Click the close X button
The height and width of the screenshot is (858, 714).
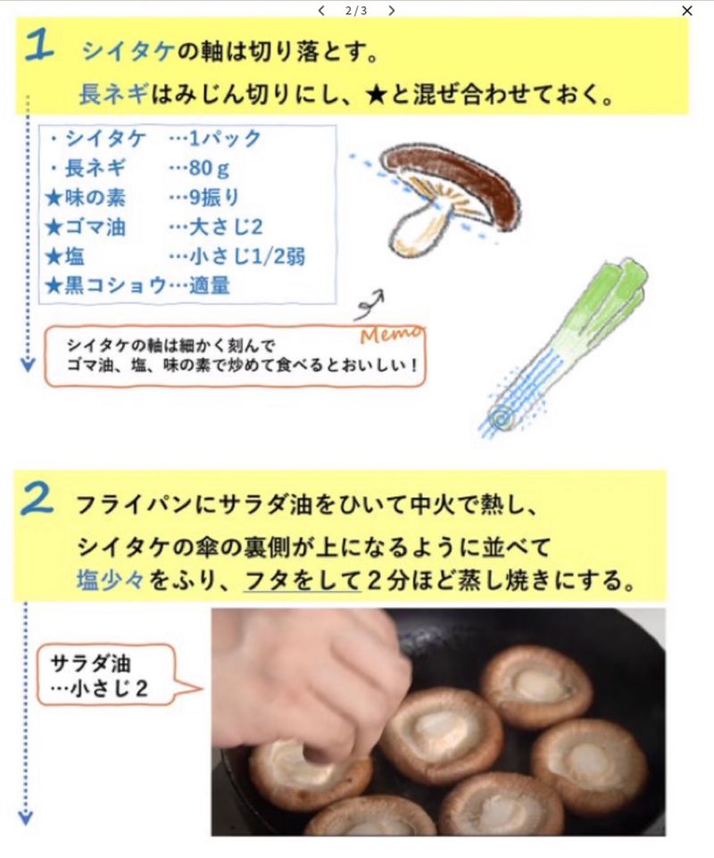point(686,11)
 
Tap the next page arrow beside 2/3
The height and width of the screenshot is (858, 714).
point(391,11)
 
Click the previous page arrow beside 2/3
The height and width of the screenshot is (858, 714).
point(321,11)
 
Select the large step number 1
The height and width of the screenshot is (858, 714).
point(39,45)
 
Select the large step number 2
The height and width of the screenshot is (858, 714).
point(37,499)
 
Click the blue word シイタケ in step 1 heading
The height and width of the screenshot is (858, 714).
point(128,52)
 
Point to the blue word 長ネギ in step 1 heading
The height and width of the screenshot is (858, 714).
point(113,94)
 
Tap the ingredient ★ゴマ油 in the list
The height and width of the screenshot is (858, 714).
point(86,227)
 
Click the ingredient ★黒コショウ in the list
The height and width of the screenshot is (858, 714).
point(106,285)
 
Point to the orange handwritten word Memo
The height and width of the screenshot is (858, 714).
point(391,334)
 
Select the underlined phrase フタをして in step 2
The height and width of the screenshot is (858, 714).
point(302,580)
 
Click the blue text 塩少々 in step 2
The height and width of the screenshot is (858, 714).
point(110,580)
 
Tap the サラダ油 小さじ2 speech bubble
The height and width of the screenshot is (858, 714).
point(107,675)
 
